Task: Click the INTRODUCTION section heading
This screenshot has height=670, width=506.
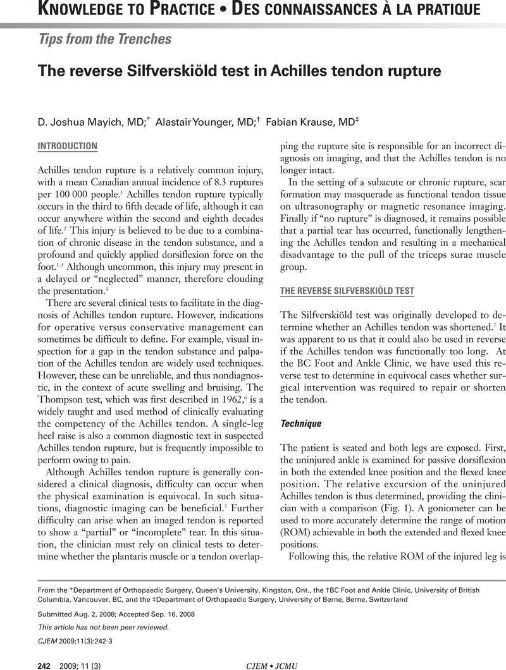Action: click(68, 146)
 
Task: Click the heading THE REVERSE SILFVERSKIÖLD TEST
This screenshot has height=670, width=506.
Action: click(347, 291)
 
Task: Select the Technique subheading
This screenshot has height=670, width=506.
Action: click(301, 406)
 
